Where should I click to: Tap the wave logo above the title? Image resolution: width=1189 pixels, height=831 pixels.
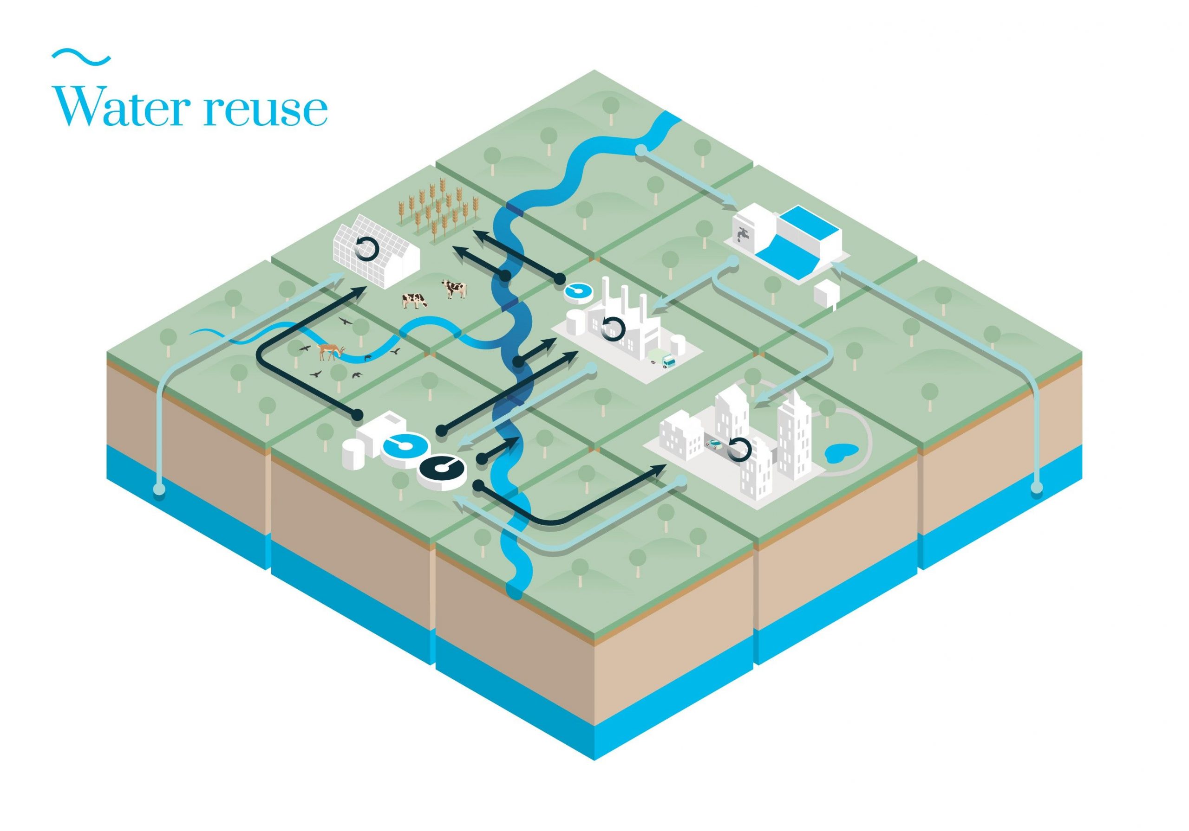pyautogui.click(x=81, y=57)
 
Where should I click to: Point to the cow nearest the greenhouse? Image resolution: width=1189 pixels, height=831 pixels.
pyautogui.click(x=454, y=288)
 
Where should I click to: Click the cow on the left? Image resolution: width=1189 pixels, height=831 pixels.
pyautogui.click(x=415, y=300)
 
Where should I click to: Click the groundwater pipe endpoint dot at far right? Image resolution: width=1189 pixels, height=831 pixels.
pyautogui.click(x=1036, y=487)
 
